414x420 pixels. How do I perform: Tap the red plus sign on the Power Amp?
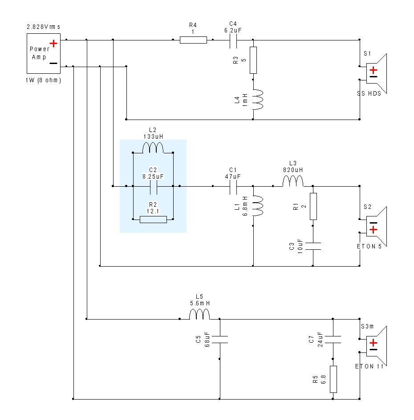[53, 44]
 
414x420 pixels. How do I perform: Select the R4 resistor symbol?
[193, 40]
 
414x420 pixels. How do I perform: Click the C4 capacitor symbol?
[233, 40]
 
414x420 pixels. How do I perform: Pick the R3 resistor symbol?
[253, 60]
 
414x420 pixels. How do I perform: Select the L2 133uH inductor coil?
[153, 148]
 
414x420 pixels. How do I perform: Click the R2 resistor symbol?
[153, 220]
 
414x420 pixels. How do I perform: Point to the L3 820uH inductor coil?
[293, 181]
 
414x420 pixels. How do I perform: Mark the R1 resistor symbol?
[313, 206]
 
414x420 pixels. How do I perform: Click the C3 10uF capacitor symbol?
[313, 246]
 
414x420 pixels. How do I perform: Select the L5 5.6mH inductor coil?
[199, 314]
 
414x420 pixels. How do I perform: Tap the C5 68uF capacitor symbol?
[220, 340]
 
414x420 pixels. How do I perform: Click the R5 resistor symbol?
[333, 379]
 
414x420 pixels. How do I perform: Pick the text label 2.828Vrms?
[44, 27]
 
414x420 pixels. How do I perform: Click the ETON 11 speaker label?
[369, 366]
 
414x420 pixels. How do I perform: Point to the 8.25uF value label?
[153, 176]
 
